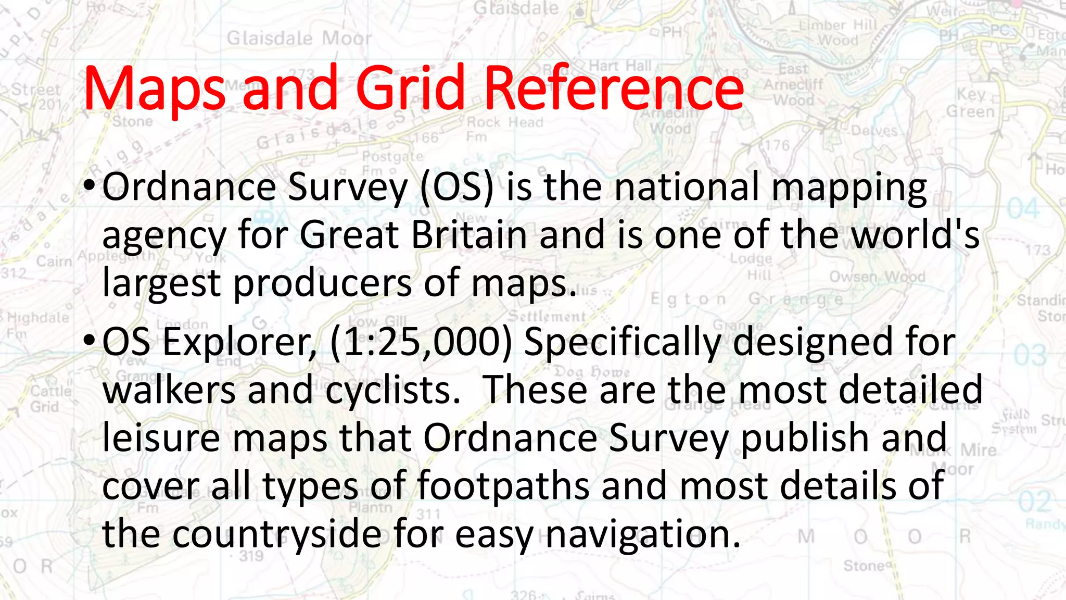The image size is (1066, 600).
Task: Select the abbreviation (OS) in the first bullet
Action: pyautogui.click(x=456, y=187)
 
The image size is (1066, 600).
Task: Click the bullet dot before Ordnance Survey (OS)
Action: pyautogui.click(x=88, y=185)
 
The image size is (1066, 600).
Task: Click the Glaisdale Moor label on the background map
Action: pyautogui.click(x=299, y=39)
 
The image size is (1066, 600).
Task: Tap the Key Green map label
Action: pyautogui.click(x=970, y=103)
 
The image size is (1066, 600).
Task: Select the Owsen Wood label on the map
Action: pyautogui.click(x=877, y=277)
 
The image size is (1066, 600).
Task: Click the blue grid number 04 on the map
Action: pyautogui.click(x=1023, y=209)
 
